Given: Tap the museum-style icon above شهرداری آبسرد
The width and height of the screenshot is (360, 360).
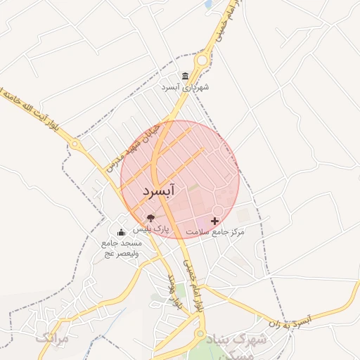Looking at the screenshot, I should [x=185, y=76].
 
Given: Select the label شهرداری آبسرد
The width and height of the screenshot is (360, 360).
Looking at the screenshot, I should [x=186, y=88].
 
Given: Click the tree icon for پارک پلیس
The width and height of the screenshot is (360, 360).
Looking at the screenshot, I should [x=150, y=218].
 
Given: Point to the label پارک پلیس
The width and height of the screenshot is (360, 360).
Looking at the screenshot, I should [x=152, y=229].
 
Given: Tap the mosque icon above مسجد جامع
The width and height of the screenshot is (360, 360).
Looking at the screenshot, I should [x=121, y=232].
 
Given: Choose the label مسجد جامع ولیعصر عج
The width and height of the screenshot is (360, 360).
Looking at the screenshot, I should [x=121, y=247].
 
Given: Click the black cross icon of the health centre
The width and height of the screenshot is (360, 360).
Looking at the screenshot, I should [x=214, y=221].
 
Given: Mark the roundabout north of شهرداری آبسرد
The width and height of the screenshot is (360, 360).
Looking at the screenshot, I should [x=202, y=61].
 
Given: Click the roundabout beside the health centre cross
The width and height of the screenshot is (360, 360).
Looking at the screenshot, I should [x=218, y=211].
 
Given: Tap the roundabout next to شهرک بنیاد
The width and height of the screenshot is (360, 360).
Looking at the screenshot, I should [x=200, y=335].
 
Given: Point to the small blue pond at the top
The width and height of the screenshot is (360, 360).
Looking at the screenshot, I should [x=208, y=4].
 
